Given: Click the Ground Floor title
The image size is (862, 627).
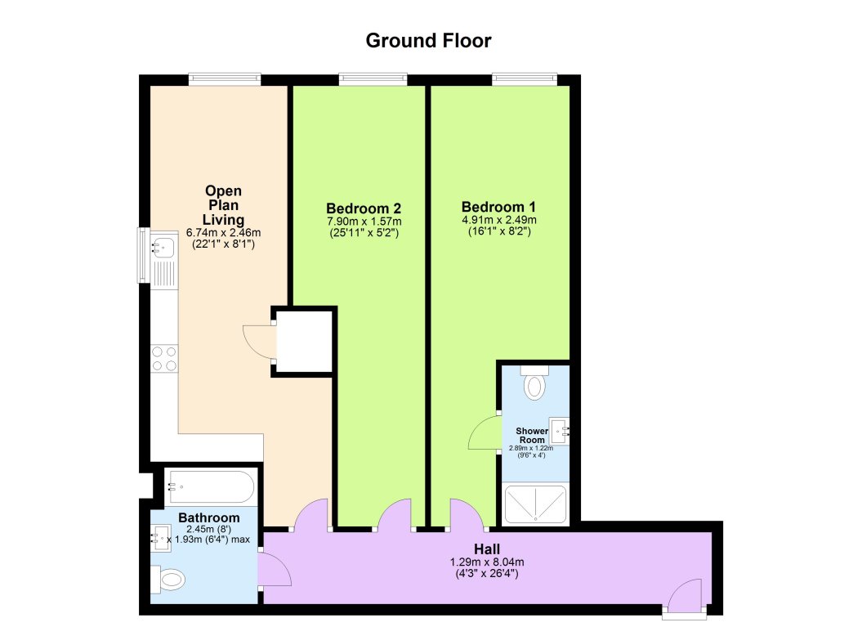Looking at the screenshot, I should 428,40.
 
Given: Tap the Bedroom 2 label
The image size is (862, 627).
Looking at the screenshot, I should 364,208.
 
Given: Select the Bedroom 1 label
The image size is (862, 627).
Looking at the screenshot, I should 498,206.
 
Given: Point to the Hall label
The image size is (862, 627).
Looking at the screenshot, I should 486,549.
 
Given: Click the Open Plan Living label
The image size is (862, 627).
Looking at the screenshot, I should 223,205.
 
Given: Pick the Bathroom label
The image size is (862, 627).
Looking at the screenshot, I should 209,517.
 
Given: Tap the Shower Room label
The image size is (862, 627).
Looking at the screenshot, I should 531,435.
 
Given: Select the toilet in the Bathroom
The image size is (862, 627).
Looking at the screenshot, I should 169,581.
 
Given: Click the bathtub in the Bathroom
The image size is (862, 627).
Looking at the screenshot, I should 211,487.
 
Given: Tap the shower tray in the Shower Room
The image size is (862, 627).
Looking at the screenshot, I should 535,504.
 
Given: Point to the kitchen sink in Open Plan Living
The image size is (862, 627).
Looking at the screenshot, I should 163,245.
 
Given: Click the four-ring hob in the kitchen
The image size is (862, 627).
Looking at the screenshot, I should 164,358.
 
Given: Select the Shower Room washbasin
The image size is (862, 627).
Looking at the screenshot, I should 561,428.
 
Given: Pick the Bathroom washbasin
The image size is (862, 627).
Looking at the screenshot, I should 160,538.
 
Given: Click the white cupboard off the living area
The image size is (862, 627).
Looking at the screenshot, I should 304,341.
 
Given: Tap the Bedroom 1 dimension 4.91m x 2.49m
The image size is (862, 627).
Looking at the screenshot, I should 498,220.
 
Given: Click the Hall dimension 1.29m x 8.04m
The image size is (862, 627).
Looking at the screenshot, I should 486,562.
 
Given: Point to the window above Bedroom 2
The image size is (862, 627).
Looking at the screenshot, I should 373,79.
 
